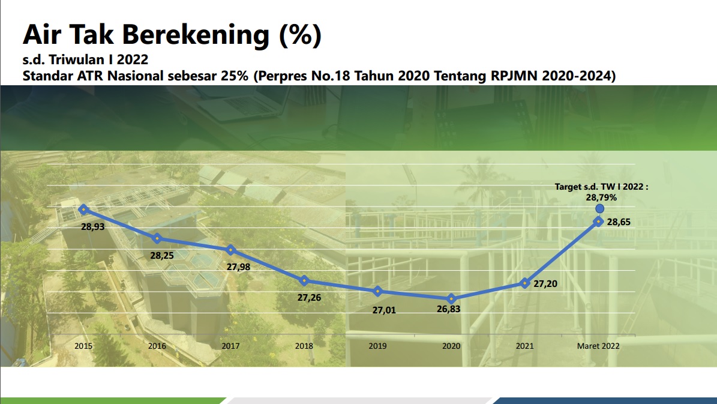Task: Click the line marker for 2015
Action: coord(83,210)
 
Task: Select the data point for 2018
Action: coord(304,280)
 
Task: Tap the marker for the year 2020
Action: coord(451,299)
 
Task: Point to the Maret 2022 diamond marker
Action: coord(599,222)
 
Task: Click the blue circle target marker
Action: coord(599,209)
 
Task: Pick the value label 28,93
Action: coord(93,226)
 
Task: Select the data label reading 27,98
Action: coord(239,267)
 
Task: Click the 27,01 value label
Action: coord(384,310)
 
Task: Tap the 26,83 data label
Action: coord(449,309)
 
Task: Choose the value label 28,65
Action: coord(619,222)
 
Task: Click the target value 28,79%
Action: coord(601,197)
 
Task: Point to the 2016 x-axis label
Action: coord(157,346)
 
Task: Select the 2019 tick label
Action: coord(378,346)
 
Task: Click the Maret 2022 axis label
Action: coord(598,346)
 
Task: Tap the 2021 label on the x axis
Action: coord(524,346)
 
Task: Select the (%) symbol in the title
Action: coord(300,35)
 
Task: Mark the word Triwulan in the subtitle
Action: coord(76,59)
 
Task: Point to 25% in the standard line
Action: coord(234,76)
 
